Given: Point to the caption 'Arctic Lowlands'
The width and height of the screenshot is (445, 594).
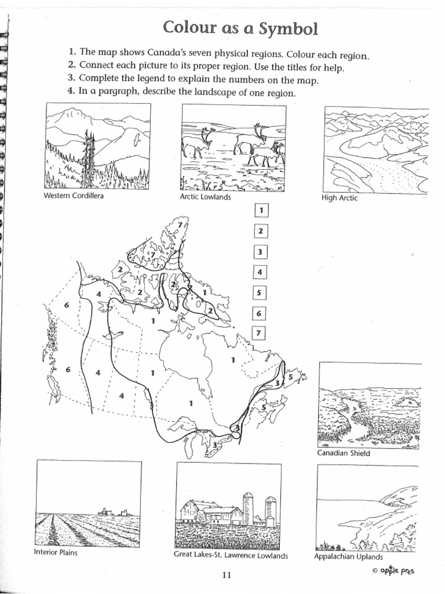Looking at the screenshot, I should [205, 197].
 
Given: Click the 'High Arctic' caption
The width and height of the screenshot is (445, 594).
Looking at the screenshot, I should [340, 198].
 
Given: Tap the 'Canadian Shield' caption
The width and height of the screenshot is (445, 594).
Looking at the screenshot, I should [344, 453].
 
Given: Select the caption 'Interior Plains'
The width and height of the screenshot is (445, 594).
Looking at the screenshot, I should [56, 552].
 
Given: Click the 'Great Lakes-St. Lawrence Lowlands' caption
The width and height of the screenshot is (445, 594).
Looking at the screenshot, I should [231, 555].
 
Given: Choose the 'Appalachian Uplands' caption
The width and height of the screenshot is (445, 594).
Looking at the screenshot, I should [348, 556].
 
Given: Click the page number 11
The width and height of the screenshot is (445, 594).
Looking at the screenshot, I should [227, 575].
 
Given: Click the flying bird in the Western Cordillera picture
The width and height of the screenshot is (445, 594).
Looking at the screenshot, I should [136, 140].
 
